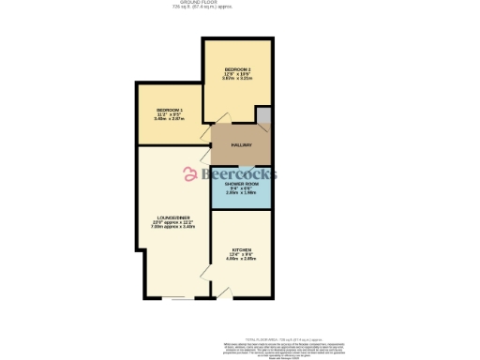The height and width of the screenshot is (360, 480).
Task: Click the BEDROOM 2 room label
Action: (237, 69)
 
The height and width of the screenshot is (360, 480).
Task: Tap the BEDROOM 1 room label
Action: (169, 111)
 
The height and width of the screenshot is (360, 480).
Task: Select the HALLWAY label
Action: (242, 144)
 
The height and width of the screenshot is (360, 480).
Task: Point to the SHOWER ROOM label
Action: (241, 184)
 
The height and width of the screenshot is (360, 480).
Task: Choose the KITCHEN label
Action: (242, 249)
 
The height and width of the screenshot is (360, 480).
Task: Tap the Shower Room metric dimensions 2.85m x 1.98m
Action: (241, 193)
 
